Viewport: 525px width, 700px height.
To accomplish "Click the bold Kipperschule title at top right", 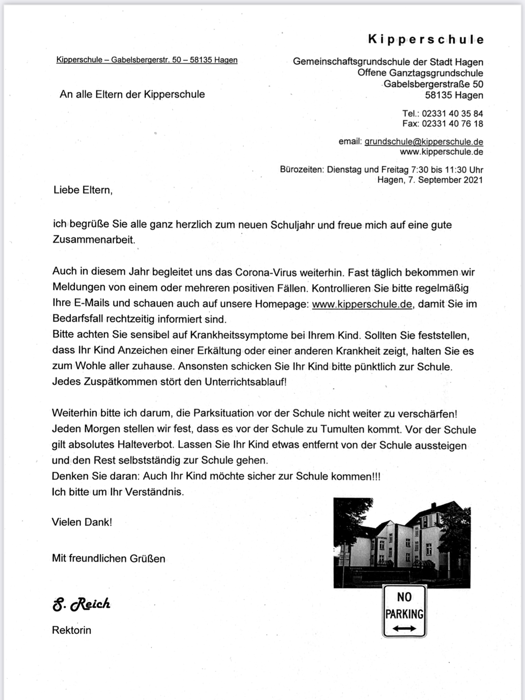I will [426, 40].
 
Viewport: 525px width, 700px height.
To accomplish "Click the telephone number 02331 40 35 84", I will [452, 113].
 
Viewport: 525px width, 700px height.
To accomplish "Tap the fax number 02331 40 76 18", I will [452, 123].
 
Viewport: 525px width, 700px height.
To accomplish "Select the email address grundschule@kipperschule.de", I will [424, 142].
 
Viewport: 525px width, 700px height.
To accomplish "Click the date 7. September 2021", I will [445, 180].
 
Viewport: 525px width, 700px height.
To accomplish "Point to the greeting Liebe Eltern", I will [83, 190].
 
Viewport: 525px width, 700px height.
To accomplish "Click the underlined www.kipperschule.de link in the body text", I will [362, 304].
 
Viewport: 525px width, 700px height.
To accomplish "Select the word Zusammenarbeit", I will [94, 240].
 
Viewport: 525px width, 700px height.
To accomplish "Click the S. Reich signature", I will [81, 604].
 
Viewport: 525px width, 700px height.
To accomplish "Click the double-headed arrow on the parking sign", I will [404, 629].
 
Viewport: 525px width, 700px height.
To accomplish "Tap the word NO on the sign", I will [404, 597].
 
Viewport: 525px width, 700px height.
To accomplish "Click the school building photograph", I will [402, 543].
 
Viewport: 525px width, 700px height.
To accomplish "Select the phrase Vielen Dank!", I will [82, 522].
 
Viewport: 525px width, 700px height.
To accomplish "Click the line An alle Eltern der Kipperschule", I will [132, 95].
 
